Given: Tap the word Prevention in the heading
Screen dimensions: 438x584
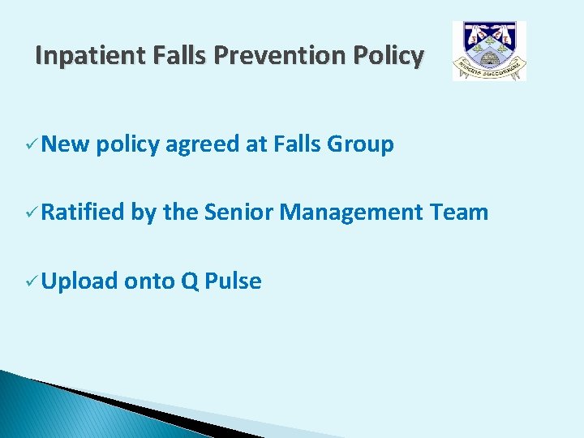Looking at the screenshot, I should (275, 56).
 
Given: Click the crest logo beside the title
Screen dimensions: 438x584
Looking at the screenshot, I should (489, 51).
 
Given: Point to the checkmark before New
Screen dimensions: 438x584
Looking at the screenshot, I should (30, 145).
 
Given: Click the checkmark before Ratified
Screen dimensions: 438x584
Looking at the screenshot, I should (30, 213).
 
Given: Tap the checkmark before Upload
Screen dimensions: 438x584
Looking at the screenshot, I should (30, 281).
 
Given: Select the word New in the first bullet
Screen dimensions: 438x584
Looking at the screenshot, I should (65, 145).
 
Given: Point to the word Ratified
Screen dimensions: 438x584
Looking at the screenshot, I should (83, 213).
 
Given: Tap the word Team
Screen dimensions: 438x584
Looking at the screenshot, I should (459, 213).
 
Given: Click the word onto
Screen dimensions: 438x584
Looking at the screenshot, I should (149, 282).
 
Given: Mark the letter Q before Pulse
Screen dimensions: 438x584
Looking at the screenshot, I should (190, 282).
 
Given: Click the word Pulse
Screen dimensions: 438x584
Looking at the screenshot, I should (234, 281).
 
